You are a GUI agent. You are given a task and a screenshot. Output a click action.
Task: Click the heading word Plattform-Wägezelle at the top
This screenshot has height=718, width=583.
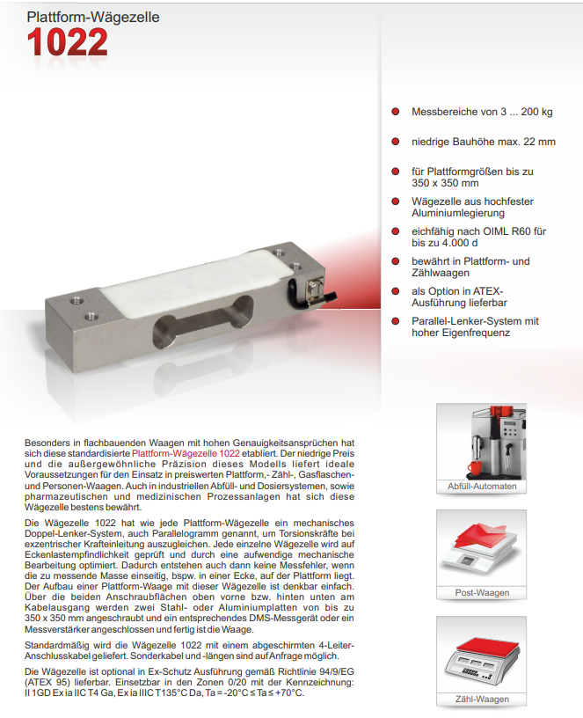[x=81, y=16]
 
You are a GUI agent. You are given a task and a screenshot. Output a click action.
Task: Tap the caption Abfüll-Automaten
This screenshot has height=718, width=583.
[x=481, y=486]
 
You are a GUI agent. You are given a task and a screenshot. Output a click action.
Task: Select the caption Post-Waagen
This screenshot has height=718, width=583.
[x=481, y=592]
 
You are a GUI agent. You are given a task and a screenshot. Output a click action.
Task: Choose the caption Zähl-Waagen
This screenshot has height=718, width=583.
[x=481, y=699]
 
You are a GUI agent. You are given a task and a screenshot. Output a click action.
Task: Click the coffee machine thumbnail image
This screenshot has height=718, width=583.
[x=481, y=441]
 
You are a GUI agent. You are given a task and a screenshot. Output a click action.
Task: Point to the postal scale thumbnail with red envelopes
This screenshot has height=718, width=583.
[x=481, y=547]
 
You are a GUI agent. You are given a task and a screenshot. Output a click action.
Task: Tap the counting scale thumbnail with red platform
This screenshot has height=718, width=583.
[x=481, y=654]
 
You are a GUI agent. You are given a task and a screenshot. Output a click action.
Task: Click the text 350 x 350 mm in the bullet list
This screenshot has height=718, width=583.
[x=446, y=183]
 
